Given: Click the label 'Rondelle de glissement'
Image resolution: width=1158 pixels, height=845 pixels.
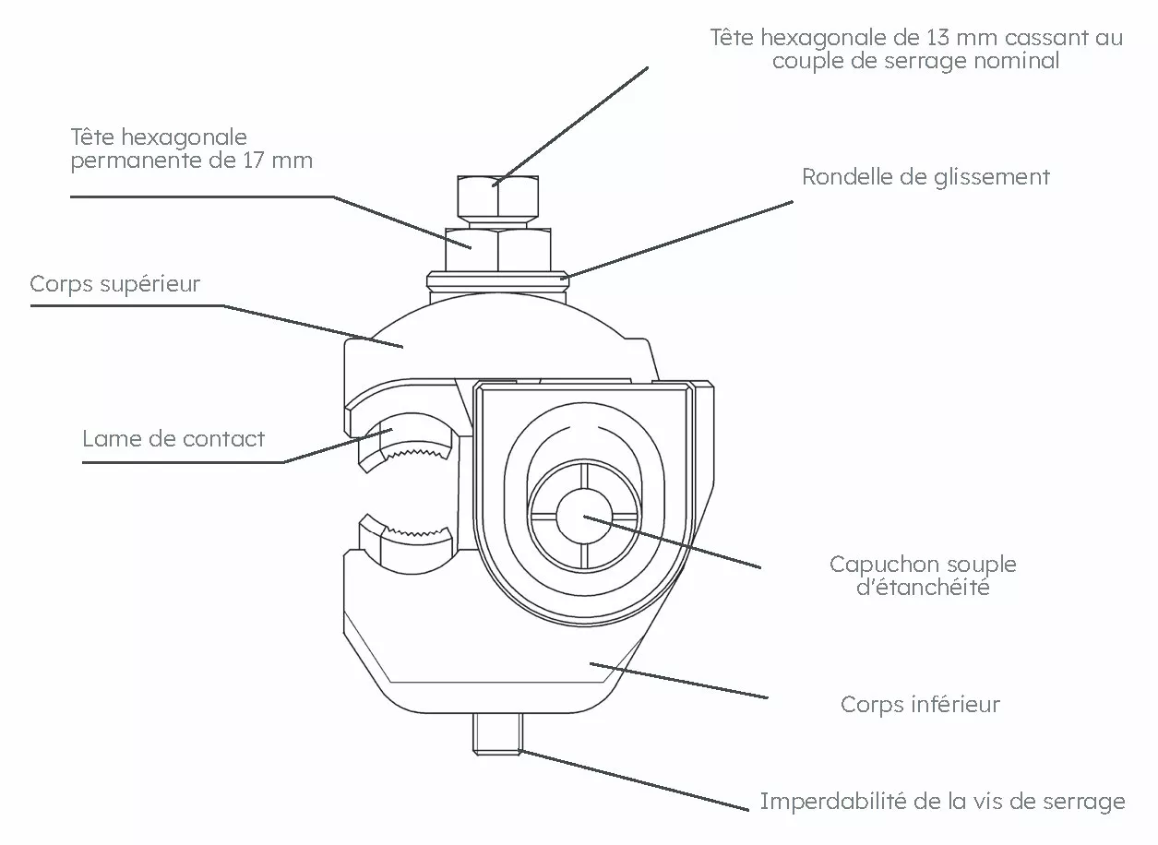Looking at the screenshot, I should click(925, 177).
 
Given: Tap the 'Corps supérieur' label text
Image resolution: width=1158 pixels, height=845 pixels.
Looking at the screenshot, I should click(114, 284).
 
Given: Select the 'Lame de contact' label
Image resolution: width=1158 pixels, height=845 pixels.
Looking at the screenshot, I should click(173, 439).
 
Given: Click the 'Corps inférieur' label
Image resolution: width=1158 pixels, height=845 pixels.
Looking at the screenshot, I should click(920, 706).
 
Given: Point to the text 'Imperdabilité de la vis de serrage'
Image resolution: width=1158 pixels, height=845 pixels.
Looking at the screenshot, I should click(942, 802).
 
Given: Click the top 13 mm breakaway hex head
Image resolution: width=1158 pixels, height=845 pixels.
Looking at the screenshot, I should click(497, 195).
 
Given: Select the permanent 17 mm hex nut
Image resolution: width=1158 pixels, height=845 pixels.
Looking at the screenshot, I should click(498, 248).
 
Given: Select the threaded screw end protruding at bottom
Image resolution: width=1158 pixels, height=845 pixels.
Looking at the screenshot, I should click(498, 733).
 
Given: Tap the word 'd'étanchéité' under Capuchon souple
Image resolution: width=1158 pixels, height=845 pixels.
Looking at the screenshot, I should click(922, 588).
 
